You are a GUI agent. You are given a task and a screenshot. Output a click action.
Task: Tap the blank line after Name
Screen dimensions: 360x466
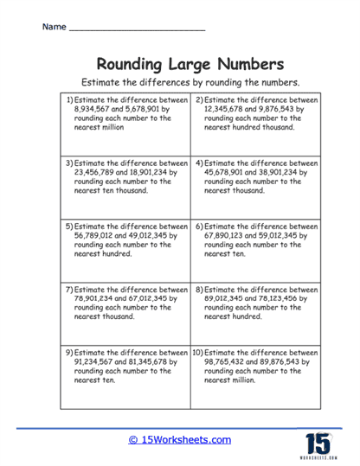[136, 29]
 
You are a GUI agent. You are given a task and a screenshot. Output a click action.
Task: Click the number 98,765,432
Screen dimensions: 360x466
[232, 362]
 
